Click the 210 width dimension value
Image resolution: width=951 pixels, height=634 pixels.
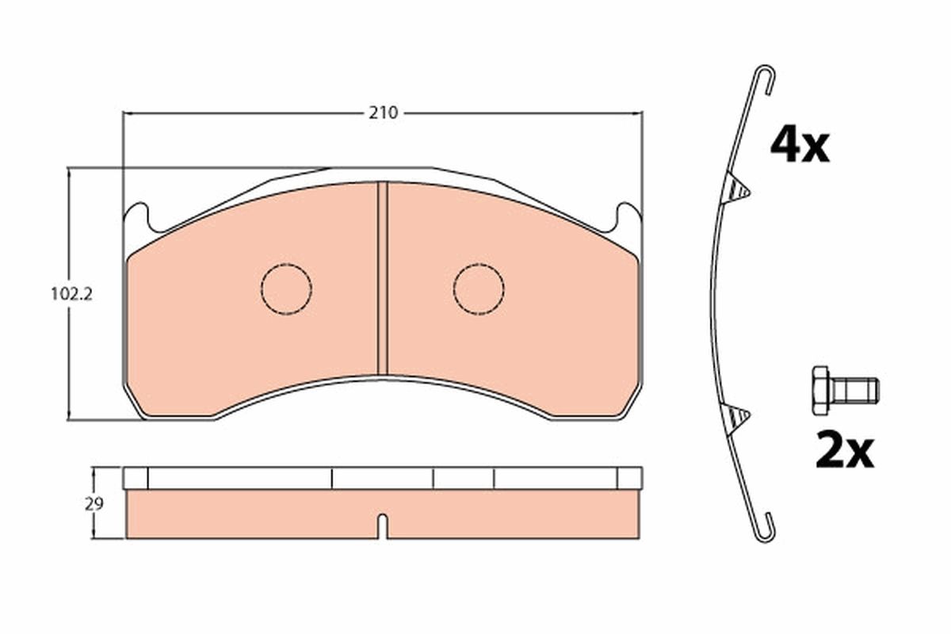382,113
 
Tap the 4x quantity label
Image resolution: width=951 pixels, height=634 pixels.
799,146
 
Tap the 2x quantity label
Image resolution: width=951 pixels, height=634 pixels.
844,452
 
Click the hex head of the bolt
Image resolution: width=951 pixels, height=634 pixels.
820,390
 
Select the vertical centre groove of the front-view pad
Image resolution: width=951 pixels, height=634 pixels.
382,277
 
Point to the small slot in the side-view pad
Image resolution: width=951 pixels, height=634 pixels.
382,525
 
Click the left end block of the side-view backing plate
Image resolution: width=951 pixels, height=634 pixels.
136,478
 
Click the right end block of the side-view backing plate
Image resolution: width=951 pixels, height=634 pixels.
629,478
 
